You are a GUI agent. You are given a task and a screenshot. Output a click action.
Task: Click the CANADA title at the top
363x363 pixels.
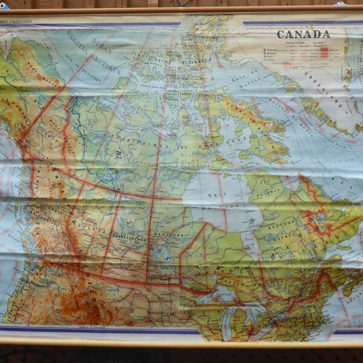[304, 34]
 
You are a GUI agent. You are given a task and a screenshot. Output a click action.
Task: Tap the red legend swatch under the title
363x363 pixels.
[324, 53]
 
